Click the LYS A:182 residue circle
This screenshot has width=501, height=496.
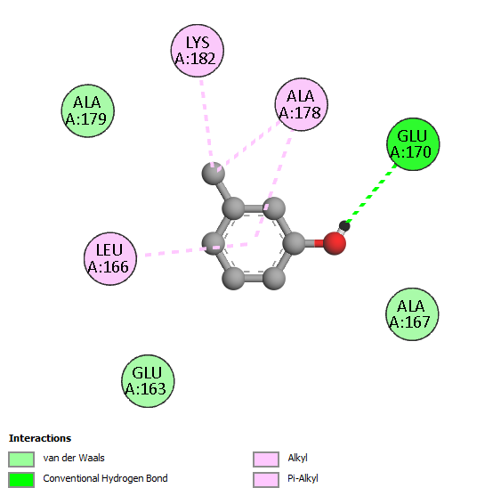[198, 51]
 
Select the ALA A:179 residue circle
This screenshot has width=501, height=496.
[88, 111]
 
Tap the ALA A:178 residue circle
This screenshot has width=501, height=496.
[302, 104]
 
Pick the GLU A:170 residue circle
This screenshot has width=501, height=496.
[413, 144]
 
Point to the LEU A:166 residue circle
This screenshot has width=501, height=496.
[110, 258]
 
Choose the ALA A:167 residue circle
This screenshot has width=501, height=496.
[412, 314]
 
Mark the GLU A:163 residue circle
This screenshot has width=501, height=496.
[148, 381]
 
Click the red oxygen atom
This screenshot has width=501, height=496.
[335, 243]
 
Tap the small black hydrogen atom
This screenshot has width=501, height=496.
[344, 226]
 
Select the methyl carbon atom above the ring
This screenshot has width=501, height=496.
[213, 174]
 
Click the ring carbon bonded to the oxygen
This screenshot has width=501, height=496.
[294, 243]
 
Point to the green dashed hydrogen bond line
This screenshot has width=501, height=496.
[372, 194]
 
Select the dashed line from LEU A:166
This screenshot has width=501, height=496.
[196, 249]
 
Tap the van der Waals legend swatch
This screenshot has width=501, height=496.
[21, 459]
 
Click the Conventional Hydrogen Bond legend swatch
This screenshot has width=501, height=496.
[21, 480]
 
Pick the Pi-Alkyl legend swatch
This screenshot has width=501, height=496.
[266, 480]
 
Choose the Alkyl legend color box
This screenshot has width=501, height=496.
[266, 459]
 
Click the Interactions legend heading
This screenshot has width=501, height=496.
[40, 438]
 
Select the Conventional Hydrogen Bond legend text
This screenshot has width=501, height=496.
[105, 478]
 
